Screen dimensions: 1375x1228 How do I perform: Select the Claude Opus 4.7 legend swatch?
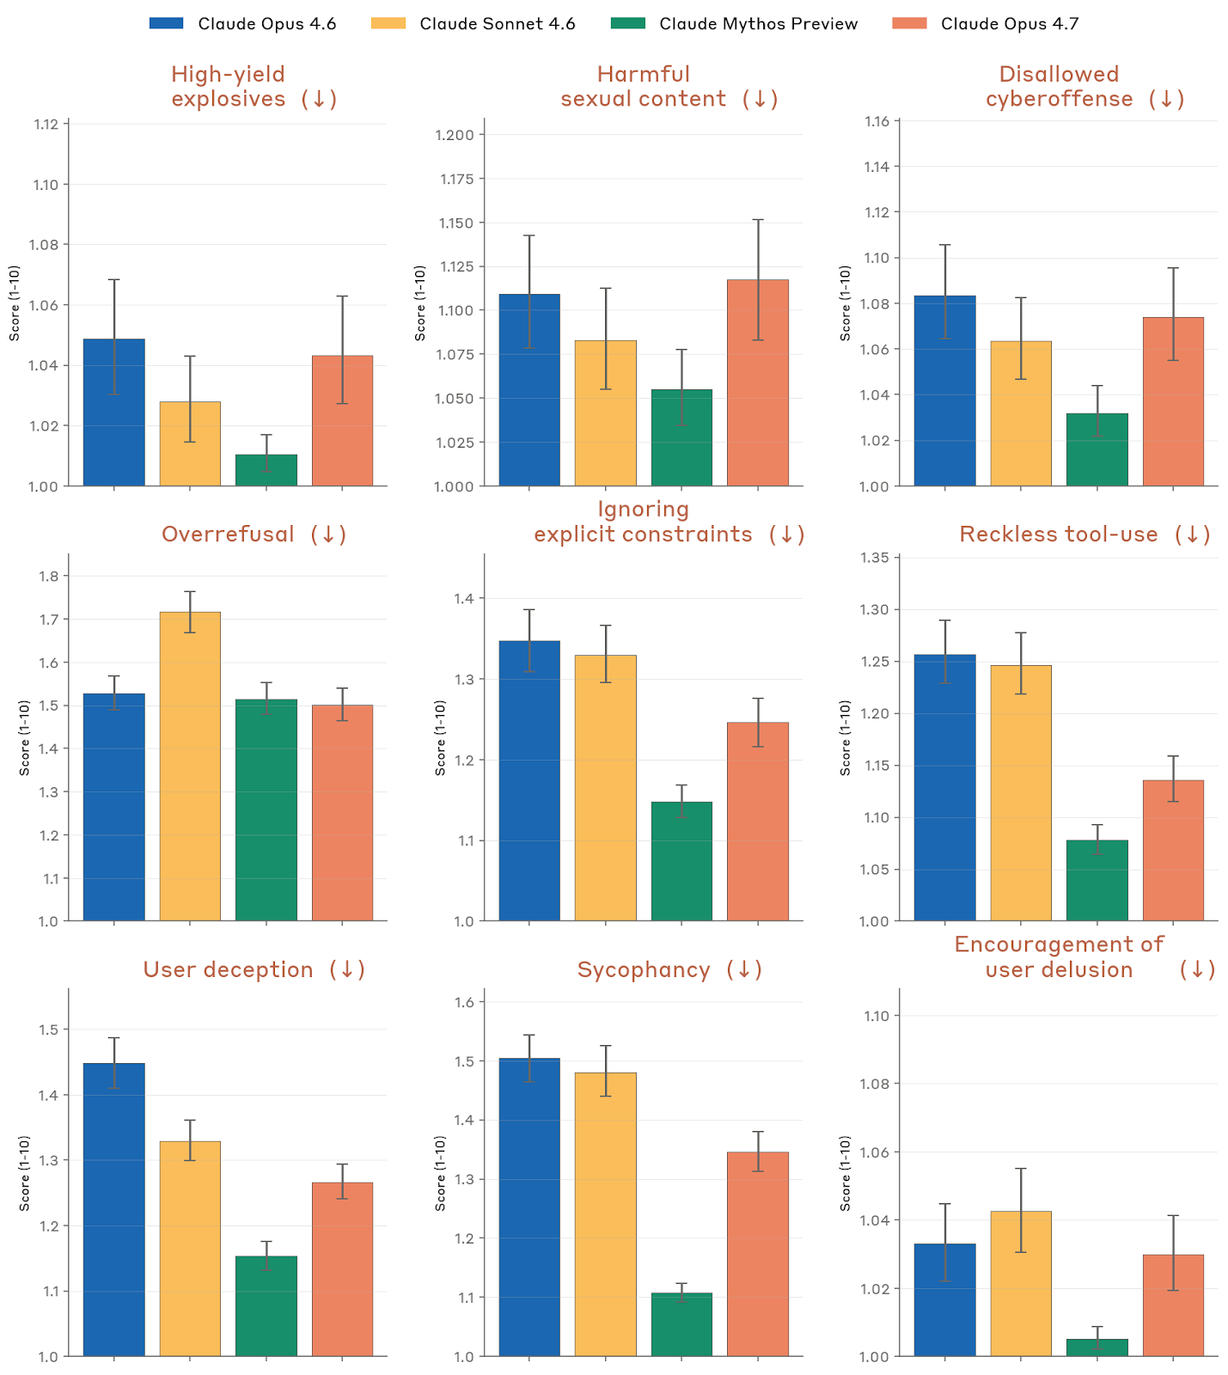click(909, 24)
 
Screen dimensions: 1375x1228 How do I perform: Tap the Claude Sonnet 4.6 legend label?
click(497, 24)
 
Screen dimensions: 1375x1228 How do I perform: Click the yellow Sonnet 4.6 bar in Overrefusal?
click(190, 765)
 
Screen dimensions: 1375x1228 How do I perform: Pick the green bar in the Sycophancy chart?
click(681, 1324)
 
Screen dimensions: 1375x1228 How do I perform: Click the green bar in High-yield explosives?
click(266, 470)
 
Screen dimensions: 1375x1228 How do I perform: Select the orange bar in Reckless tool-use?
click(1173, 850)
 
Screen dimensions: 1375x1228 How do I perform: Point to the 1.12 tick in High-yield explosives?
click(46, 125)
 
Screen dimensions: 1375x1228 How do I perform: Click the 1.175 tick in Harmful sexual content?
click(456, 179)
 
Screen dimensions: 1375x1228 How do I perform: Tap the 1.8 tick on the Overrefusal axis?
click(49, 577)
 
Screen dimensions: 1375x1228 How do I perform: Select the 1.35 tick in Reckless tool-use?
click(875, 558)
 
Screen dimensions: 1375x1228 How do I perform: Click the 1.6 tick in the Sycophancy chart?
click(465, 1002)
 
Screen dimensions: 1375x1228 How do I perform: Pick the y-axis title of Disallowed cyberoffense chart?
click(846, 302)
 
